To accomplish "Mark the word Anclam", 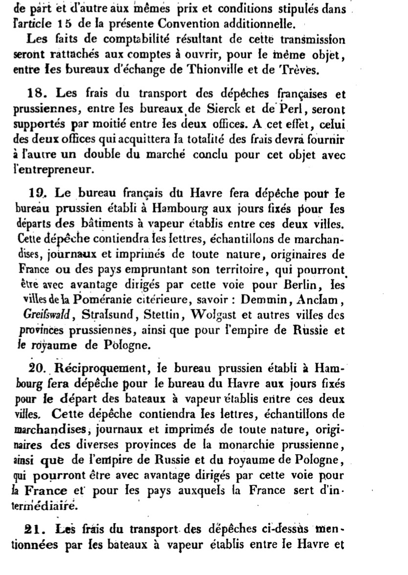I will point(318,298).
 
